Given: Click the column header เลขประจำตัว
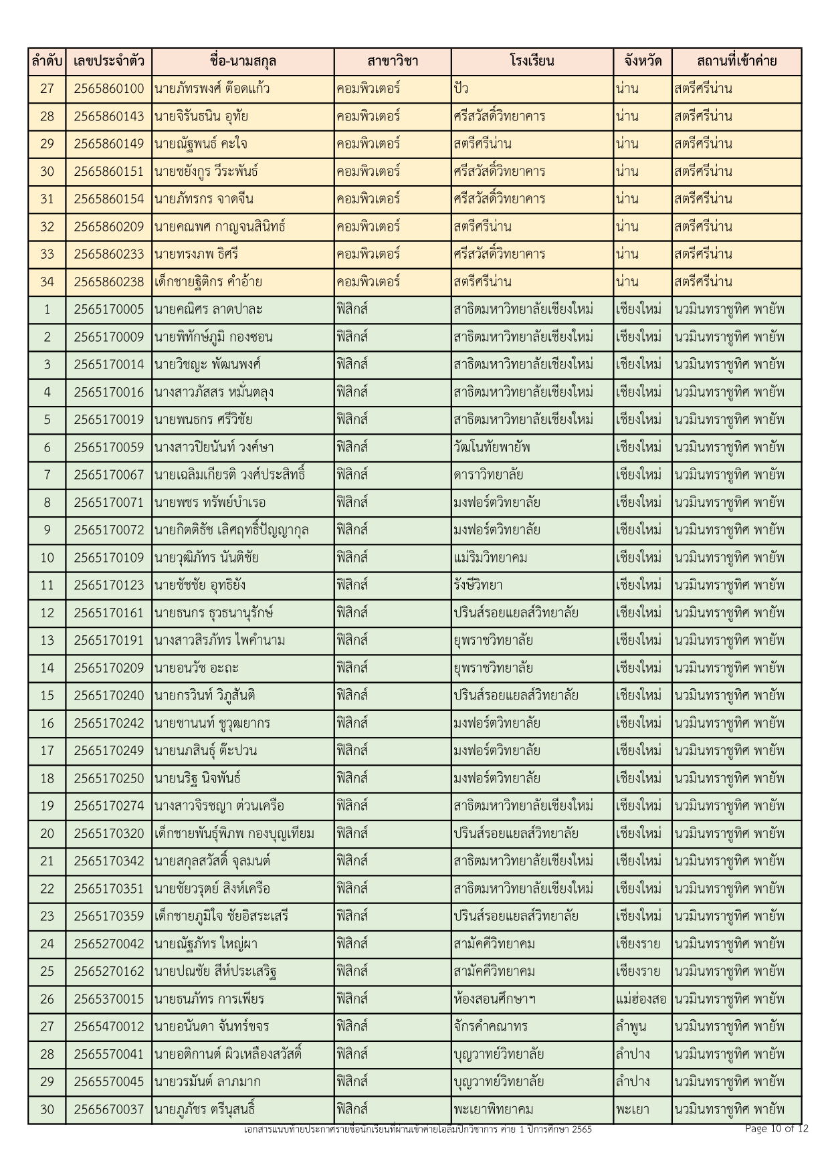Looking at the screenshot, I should coord(108,62).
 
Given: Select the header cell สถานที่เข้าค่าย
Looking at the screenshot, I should coord(736,62).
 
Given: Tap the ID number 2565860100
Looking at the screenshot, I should coord(108,89).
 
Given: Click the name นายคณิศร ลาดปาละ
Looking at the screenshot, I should coord(208,310).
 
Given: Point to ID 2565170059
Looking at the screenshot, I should coord(108,447).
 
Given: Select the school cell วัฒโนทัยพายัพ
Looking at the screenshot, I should coord(492,447).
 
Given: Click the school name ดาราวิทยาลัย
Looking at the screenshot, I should coord(488,475).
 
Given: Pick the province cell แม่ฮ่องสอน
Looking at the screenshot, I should coord(641,999).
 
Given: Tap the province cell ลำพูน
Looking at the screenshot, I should coord(631,1027).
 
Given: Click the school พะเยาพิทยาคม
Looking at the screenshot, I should coord(493,1109).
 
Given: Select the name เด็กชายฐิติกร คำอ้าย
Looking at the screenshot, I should coord(208,282).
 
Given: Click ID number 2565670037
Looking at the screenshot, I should coord(108,1109).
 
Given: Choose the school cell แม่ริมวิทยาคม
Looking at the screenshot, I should coord(490,558).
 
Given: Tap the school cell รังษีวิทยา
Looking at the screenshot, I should coord(478,585).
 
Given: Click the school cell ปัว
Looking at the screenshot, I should coord(459,89).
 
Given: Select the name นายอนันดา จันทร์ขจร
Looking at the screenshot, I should coord(212,1027).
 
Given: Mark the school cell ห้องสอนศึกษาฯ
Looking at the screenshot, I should coord(494,999).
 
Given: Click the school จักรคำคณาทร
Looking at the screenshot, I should coord(490,1027).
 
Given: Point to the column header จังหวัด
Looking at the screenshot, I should coord(642,62).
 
